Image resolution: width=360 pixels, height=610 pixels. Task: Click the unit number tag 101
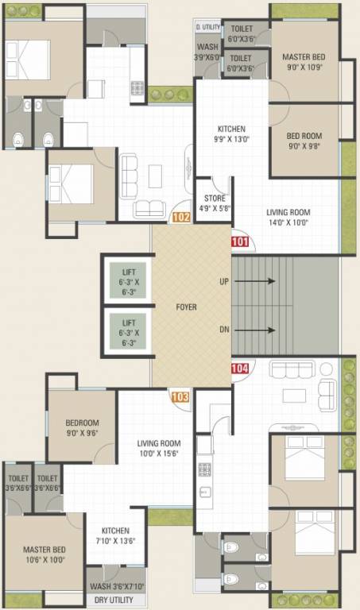click(241, 242)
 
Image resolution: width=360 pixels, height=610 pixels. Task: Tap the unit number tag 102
click(181, 216)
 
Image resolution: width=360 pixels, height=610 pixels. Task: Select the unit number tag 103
click(180, 396)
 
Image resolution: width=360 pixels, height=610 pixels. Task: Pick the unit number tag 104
click(241, 368)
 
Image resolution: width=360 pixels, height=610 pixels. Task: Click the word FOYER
click(186, 307)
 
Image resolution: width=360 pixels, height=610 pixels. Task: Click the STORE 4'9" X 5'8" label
click(215, 204)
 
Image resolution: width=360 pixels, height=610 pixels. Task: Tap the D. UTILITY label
click(208, 27)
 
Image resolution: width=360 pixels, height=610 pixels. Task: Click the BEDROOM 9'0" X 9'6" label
click(83, 428)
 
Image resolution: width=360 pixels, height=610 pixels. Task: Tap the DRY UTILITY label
click(114, 600)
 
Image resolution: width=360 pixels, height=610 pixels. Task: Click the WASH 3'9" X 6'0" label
click(207, 52)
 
